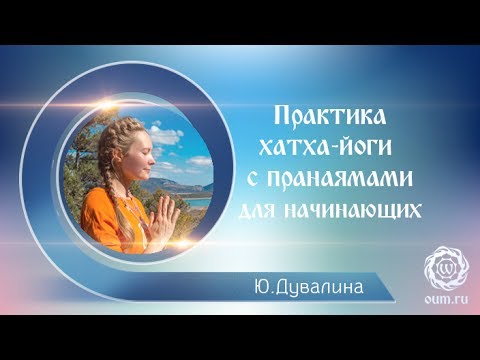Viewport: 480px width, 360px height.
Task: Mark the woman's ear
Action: [x=121, y=163]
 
